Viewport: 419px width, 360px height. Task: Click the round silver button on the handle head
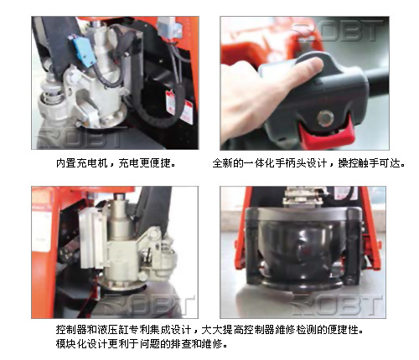[325, 117]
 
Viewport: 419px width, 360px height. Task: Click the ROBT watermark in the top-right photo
[338, 31]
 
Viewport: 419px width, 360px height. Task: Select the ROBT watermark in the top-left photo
[81, 137]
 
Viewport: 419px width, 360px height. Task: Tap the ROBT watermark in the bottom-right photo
[337, 305]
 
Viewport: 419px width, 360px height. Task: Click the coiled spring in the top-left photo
[52, 95]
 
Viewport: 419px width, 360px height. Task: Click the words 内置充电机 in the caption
[82, 163]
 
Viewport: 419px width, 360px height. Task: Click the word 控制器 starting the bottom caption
[71, 330]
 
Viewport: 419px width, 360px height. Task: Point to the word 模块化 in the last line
[71, 343]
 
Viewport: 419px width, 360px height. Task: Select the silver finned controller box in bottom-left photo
[92, 237]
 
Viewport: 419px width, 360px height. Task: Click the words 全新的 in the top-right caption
[228, 163]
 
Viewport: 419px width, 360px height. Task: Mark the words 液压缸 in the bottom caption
[113, 330]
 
